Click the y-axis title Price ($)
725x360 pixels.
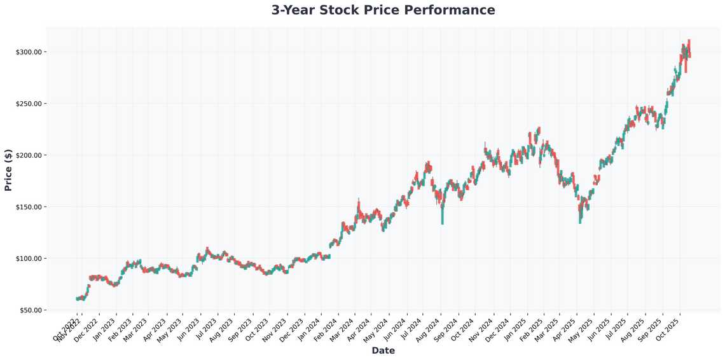(8, 170)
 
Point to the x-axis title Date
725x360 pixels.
(383, 350)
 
